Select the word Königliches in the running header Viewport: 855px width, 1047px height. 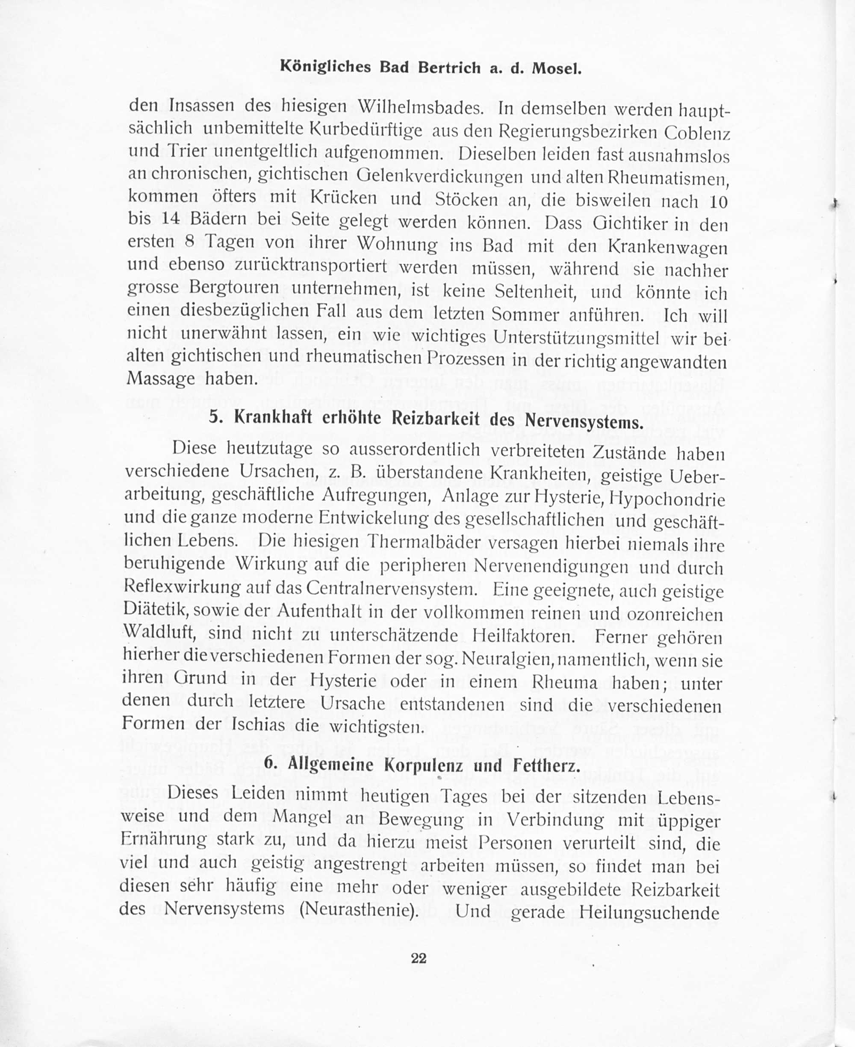pos(325,67)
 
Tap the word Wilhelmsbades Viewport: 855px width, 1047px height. pos(421,107)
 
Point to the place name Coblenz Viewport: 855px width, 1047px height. pos(696,133)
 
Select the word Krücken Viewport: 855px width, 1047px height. pos(344,198)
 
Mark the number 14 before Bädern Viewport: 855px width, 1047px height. pos(170,219)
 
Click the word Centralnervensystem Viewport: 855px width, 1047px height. pos(392,588)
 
